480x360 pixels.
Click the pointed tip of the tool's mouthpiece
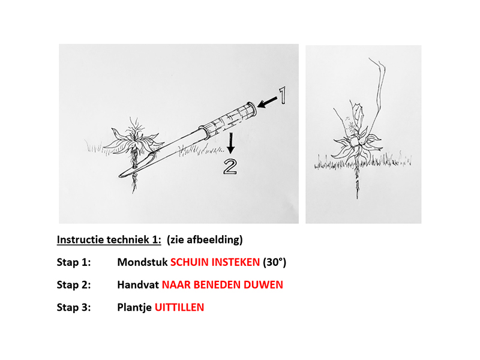pyautogui.click(x=120, y=174)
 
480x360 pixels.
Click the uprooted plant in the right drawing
pyautogui.click(x=358, y=141)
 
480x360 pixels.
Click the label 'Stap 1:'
pyautogui.click(x=73, y=262)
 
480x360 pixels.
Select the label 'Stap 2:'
pyautogui.click(x=73, y=285)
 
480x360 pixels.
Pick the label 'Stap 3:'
pyautogui.click(x=73, y=307)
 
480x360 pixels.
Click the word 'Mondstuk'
pyautogui.click(x=142, y=262)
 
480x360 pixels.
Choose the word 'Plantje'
pyautogui.click(x=134, y=307)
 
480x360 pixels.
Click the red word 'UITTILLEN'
pyautogui.click(x=179, y=307)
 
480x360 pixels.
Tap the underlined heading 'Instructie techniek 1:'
pyautogui.click(x=109, y=240)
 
